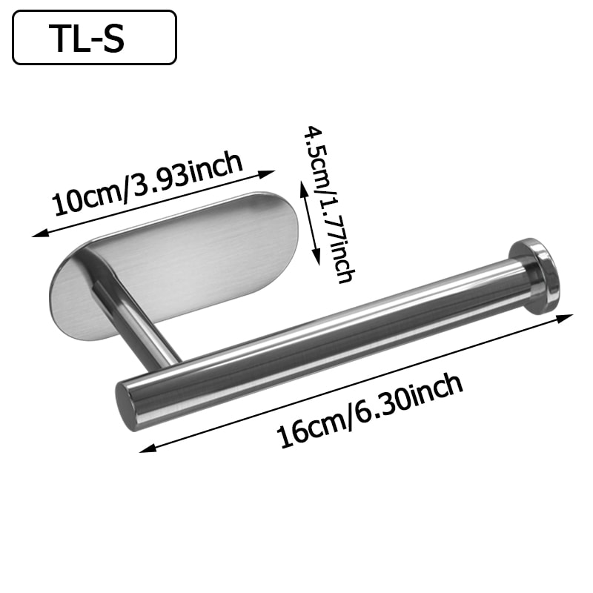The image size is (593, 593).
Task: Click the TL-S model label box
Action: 94,37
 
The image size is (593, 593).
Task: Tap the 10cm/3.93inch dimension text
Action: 148,182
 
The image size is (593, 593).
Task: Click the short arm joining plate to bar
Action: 141,319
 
